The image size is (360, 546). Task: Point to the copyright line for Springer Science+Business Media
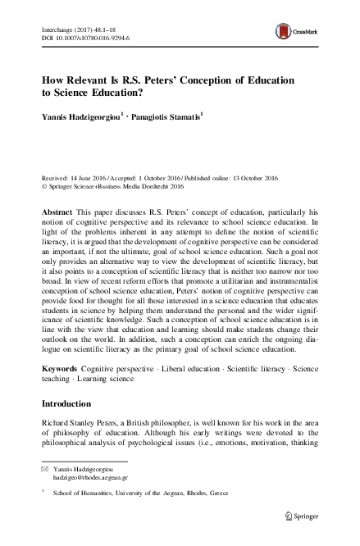[126, 185]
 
